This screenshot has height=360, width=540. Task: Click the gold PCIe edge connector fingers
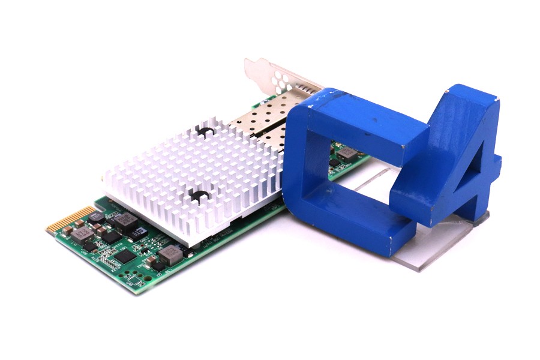[x=71, y=219]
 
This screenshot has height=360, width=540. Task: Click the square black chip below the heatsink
[x=125, y=256]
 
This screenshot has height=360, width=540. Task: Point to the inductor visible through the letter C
[x=346, y=154]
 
